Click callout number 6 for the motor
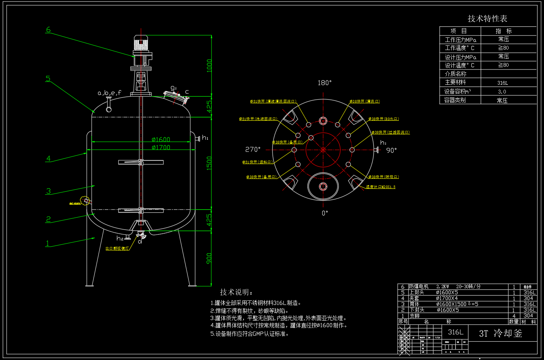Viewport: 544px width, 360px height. [x=48, y=29]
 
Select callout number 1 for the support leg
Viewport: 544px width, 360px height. [x=48, y=243]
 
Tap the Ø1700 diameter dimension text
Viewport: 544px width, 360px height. [x=161, y=147]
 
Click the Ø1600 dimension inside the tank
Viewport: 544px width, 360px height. [x=161, y=139]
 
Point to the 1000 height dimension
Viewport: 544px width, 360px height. [x=209, y=66]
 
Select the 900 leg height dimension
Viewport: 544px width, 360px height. [x=209, y=259]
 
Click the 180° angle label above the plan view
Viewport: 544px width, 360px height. [x=324, y=83]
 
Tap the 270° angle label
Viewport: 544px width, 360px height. [x=253, y=150]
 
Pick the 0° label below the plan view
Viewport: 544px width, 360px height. [x=324, y=213]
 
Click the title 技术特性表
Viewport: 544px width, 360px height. [x=487, y=19]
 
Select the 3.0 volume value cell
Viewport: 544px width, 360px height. [x=502, y=92]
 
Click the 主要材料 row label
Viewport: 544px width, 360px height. [x=455, y=82]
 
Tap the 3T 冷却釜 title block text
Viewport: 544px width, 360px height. [x=500, y=333]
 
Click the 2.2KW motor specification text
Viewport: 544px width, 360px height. [x=443, y=286]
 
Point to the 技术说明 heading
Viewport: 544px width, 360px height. [x=236, y=292]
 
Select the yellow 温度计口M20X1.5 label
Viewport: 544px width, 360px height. [x=381, y=187]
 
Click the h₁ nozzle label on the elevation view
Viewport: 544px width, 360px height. [x=205, y=138]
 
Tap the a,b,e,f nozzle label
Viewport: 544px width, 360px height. [x=110, y=93]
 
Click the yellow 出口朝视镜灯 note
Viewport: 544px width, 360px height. [x=117, y=249]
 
